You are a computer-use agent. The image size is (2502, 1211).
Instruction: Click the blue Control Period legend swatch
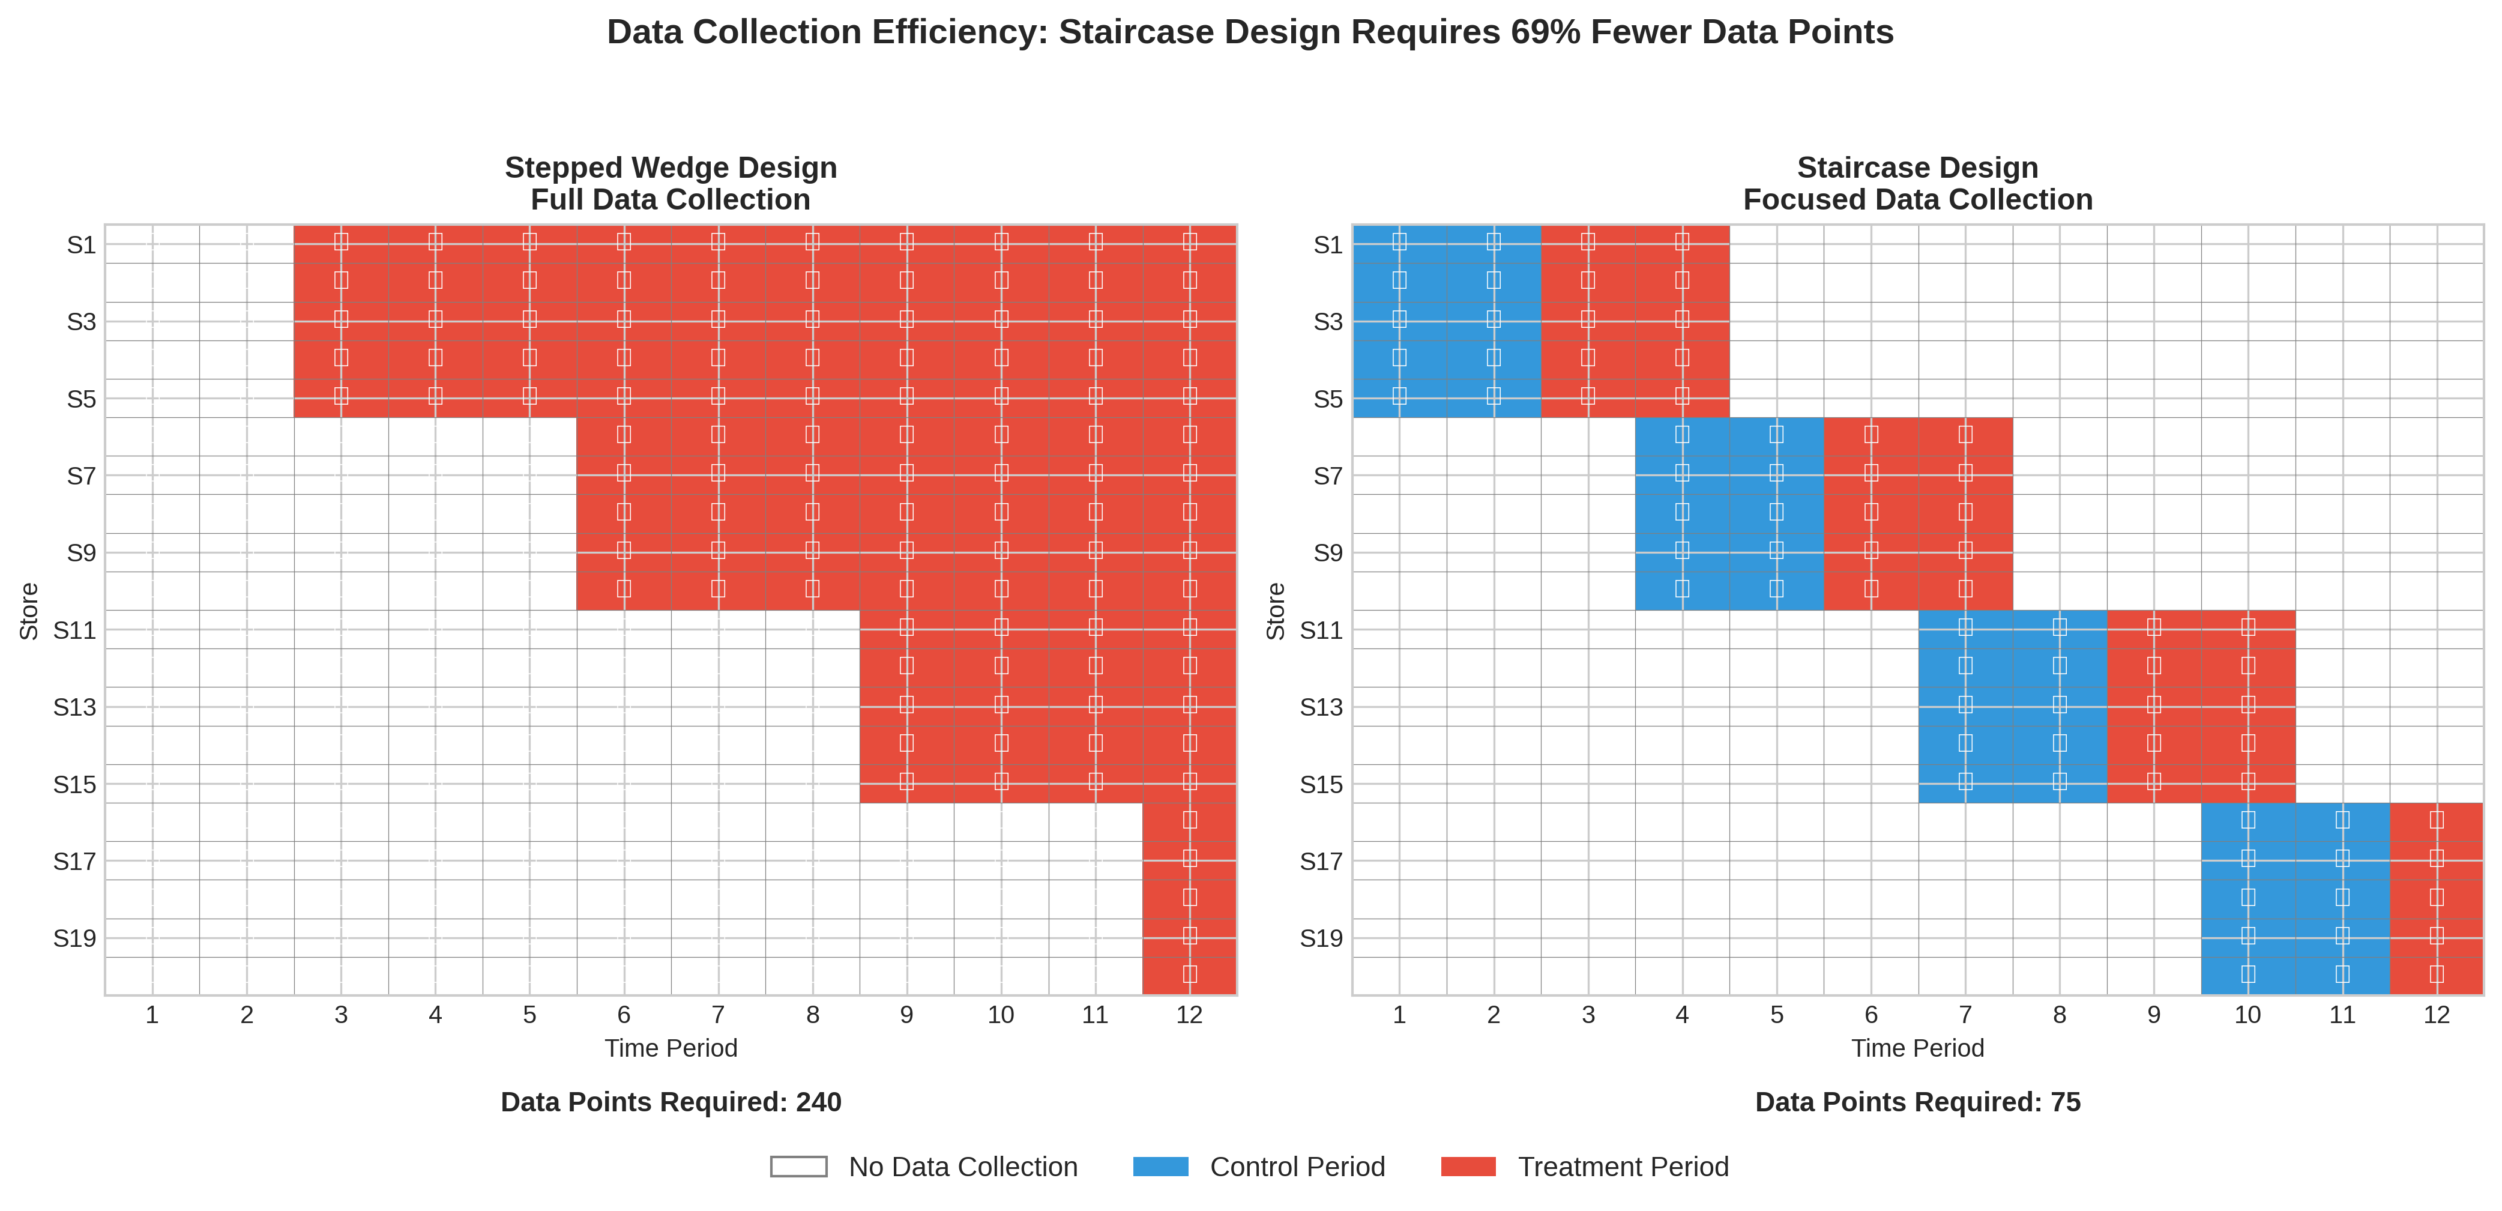point(1161,1167)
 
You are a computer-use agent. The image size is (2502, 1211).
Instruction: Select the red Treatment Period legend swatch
point(1468,1167)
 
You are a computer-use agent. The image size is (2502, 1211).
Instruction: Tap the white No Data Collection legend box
point(798,1167)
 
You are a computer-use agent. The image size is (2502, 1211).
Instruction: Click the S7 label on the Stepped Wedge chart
point(82,476)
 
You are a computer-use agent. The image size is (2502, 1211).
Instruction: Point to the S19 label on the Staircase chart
point(1321,938)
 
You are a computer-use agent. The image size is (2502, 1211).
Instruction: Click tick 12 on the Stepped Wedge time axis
point(1189,1015)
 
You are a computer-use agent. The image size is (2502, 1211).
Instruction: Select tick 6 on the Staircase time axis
point(1870,1015)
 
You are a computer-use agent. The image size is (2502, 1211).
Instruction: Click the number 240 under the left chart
point(819,1102)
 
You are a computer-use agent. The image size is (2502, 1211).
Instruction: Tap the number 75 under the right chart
point(2065,1102)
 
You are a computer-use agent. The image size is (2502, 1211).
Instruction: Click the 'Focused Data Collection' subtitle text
point(1917,200)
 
